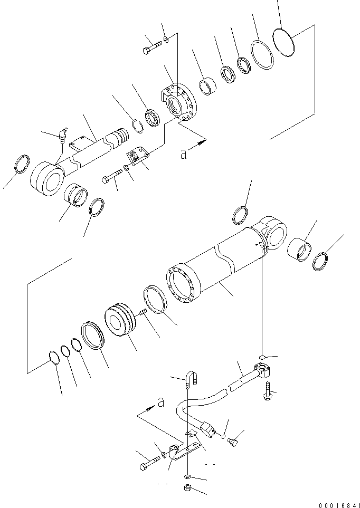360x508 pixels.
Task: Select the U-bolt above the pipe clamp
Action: pyautogui.click(x=191, y=379)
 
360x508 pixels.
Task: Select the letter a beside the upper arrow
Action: pyautogui.click(x=183, y=154)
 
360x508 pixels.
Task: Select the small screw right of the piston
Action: pyautogui.click(x=142, y=314)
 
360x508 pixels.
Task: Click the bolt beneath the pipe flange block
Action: pyautogui.click(x=268, y=391)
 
